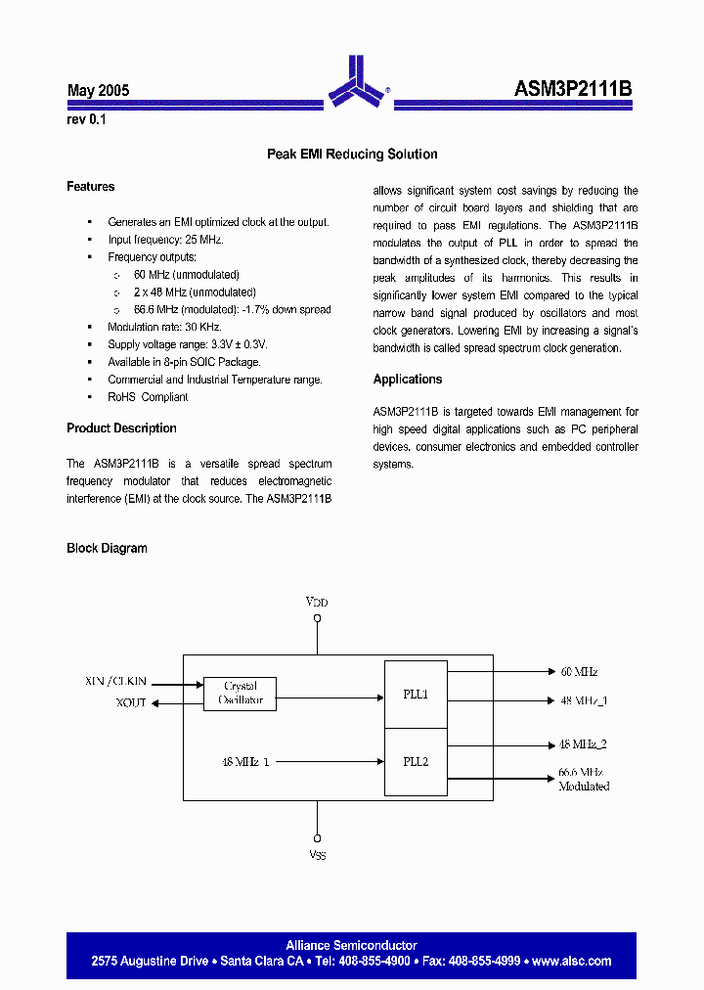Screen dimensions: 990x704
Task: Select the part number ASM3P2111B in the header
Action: [x=573, y=89]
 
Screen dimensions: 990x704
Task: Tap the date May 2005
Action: [x=98, y=91]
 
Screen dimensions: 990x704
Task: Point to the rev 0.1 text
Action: [x=86, y=120]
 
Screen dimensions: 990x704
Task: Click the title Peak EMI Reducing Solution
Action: [x=352, y=155]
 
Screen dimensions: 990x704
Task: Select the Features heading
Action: [x=91, y=187]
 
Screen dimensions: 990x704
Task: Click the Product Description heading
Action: [x=121, y=428]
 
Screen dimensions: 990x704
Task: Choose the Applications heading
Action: [x=408, y=380]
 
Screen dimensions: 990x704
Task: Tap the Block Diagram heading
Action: [x=107, y=549]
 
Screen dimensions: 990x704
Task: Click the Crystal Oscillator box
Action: [x=240, y=694]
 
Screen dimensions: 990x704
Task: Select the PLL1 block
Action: [x=416, y=695]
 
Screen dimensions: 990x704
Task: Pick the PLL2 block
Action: [x=416, y=760]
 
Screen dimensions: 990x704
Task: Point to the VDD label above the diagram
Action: [x=317, y=603]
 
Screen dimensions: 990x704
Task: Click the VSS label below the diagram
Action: [x=317, y=856]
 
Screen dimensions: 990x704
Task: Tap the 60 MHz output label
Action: [x=579, y=672]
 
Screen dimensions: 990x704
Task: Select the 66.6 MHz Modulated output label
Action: [x=584, y=780]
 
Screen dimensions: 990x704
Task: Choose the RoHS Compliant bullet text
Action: [x=148, y=397]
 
